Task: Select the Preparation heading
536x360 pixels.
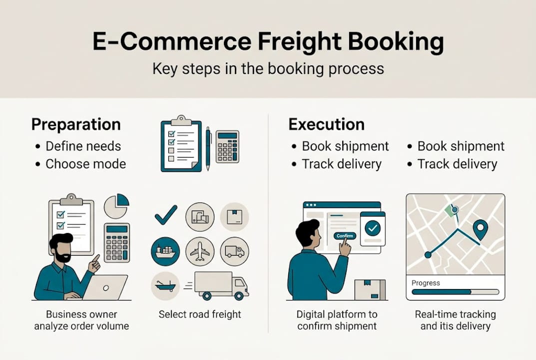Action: tap(76, 124)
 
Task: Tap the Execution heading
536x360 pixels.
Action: tap(326, 124)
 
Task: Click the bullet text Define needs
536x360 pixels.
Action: tap(83, 146)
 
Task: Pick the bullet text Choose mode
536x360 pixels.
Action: tap(85, 164)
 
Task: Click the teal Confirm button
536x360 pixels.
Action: tap(345, 235)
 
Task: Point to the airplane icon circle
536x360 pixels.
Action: tap(200, 251)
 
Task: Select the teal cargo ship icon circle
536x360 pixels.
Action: tap(165, 251)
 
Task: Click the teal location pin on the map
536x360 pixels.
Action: tap(480, 229)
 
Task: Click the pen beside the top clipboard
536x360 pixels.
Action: tap(208, 148)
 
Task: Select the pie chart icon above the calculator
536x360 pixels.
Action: tap(116, 206)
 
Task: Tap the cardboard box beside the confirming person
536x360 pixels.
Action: tap(370, 289)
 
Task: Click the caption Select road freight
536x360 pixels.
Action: tap(200, 314)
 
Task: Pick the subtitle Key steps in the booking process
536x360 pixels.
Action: tap(268, 68)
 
